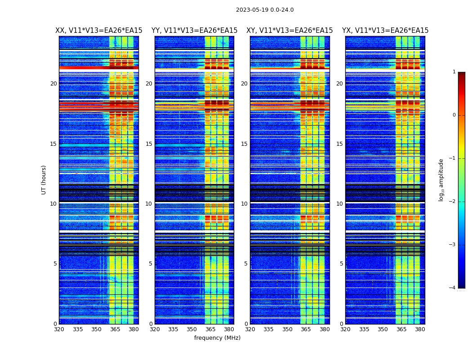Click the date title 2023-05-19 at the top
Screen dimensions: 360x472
click(265, 10)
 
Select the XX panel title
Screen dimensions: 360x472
click(99, 31)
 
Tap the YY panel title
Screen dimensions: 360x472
click(194, 31)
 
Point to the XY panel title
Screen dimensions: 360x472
click(289, 31)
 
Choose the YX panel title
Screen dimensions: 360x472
click(385, 31)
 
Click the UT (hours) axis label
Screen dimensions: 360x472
click(44, 180)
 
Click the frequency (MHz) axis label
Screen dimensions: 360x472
click(217, 338)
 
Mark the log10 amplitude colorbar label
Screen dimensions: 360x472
click(441, 180)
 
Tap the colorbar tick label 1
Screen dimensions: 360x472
click(454, 72)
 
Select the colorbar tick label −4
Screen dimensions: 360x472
click(453, 288)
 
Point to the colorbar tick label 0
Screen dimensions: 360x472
click(454, 115)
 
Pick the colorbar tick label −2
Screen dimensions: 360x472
click(453, 202)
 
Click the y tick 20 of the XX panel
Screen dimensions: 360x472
click(53, 84)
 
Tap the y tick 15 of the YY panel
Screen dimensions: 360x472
click(149, 144)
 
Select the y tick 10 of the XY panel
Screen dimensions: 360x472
click(244, 204)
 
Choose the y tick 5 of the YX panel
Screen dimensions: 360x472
click(342, 264)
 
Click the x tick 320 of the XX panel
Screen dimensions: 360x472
click(59, 329)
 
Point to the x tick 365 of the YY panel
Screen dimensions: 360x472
click(210, 329)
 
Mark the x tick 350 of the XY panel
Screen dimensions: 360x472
click(287, 329)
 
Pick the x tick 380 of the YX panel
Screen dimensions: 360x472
click(420, 329)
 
